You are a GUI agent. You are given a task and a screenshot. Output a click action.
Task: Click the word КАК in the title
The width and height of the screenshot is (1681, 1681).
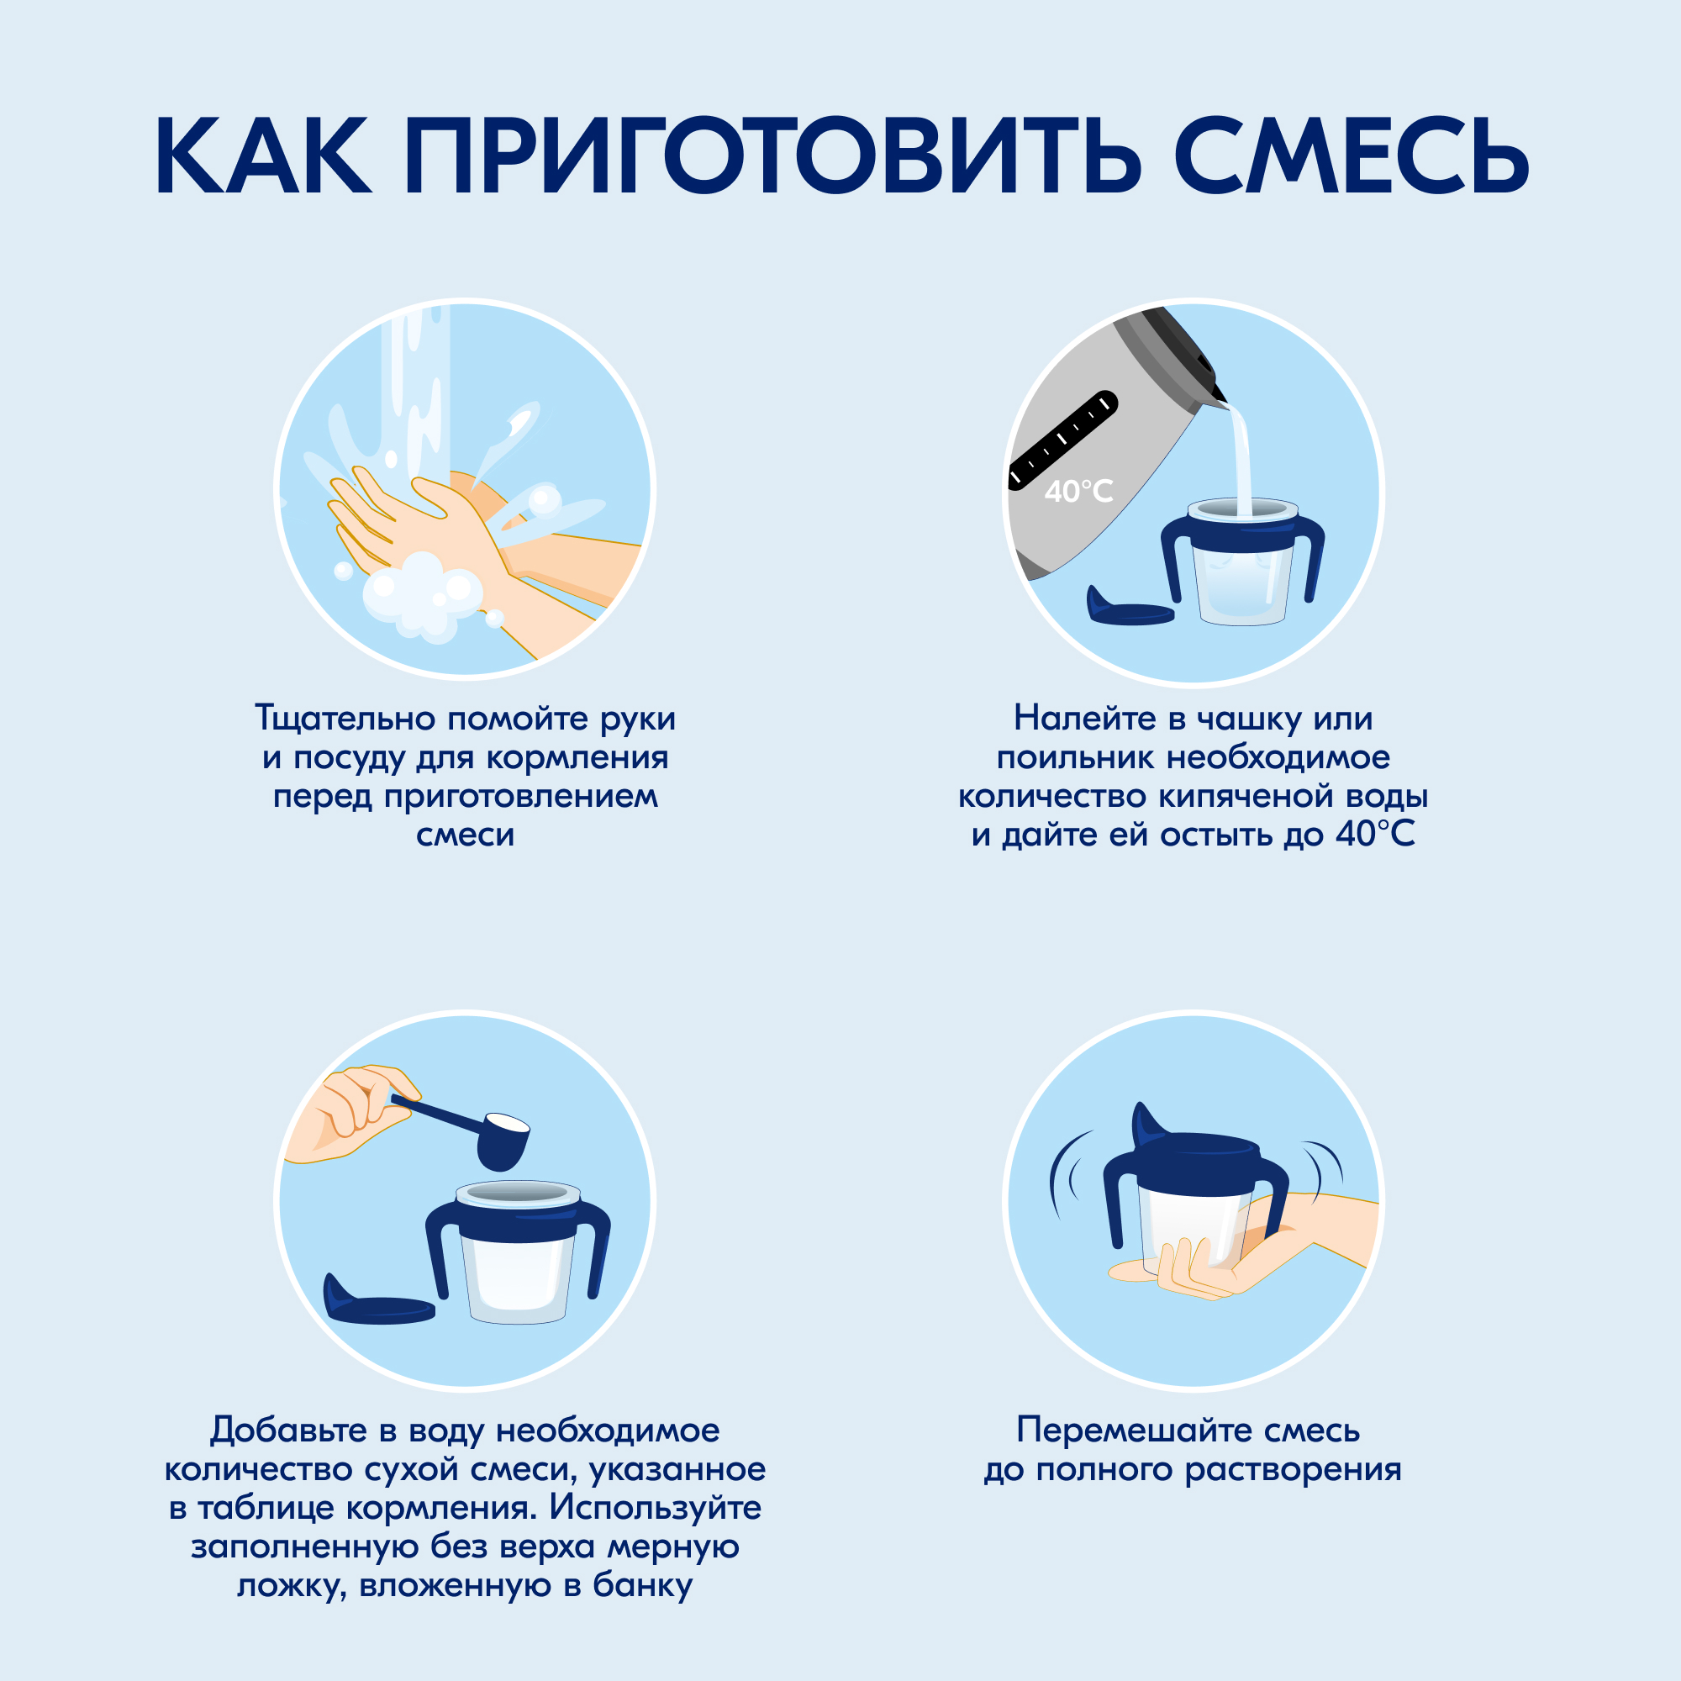[x=263, y=156]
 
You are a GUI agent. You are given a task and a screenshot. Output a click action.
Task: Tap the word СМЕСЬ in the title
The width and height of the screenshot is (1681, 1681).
[x=1351, y=156]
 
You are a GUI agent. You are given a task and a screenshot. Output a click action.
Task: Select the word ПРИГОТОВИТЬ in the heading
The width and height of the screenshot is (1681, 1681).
[x=771, y=156]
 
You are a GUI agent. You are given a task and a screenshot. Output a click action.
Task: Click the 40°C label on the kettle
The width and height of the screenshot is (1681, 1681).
[x=1078, y=492]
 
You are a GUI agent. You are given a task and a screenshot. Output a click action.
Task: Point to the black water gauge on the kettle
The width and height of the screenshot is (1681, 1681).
[x=1062, y=440]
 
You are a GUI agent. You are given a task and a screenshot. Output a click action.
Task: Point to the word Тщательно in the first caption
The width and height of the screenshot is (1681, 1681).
[x=345, y=719]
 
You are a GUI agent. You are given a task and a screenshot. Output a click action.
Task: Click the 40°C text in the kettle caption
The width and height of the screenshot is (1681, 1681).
[x=1375, y=835]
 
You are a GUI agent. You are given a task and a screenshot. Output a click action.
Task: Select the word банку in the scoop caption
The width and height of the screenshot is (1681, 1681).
[x=643, y=1585]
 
